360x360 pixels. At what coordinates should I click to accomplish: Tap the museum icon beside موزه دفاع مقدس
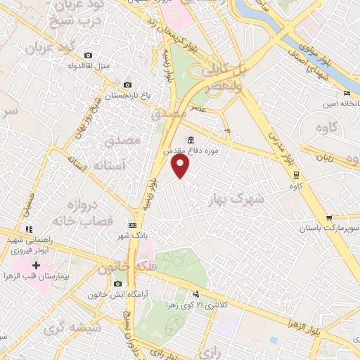191,139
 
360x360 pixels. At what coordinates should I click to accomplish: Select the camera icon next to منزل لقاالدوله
88,55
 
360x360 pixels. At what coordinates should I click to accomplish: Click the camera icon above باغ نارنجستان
127,84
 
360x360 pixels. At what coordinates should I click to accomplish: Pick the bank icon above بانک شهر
131,225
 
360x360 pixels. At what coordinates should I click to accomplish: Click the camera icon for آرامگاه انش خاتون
116,283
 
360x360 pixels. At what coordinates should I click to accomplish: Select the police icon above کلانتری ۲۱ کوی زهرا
196,294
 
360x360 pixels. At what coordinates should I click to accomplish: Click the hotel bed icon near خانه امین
345,94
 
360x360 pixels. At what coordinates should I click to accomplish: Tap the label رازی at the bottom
208,349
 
